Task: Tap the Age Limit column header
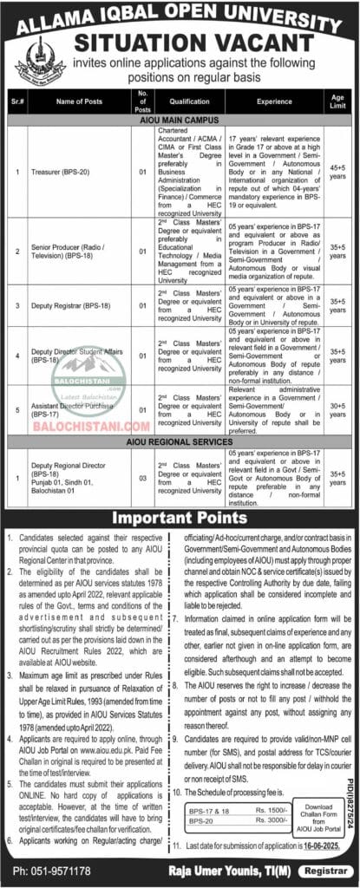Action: point(337,101)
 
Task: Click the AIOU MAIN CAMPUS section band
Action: point(180,120)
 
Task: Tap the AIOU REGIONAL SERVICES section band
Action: point(180,442)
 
